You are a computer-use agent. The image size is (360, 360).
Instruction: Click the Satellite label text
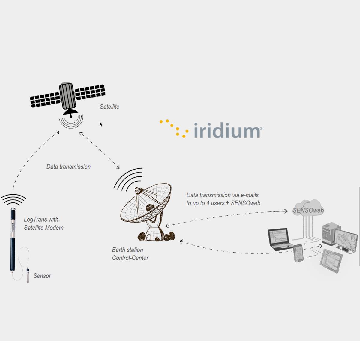[x=109, y=107]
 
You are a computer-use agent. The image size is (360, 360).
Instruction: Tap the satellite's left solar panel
[x=45, y=100]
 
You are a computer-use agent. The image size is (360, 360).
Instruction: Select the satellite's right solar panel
[x=90, y=92]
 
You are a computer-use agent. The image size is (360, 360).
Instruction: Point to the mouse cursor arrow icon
[x=101, y=124]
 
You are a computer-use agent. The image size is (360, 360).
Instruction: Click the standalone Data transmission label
[x=68, y=167]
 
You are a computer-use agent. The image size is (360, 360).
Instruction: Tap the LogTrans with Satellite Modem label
[x=44, y=223]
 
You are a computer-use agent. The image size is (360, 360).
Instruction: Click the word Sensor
[x=42, y=276]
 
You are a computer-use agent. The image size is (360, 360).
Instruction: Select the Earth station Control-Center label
[x=130, y=254]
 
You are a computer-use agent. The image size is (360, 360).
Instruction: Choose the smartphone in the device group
[x=298, y=253]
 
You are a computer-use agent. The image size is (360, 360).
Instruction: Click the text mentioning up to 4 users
[x=223, y=203]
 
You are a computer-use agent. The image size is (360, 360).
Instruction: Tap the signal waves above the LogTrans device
[x=13, y=199]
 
